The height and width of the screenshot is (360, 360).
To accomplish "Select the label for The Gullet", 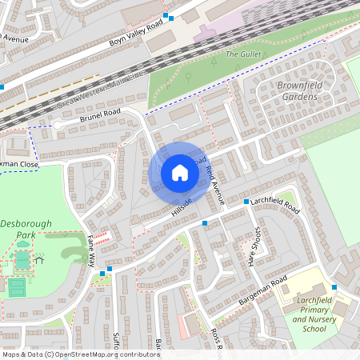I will [x=243, y=54].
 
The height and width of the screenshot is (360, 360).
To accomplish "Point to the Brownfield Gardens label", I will [x=298, y=91].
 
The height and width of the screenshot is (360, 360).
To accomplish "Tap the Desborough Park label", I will [x=30, y=229].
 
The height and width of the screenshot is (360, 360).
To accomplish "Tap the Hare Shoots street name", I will [x=257, y=246].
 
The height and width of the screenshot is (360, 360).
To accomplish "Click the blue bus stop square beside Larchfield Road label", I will [x=246, y=202].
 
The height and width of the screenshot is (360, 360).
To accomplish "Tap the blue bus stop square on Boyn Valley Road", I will [x=166, y=16].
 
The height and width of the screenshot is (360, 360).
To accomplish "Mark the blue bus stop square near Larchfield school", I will [x=334, y=286].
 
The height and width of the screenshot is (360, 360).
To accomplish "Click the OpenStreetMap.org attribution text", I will [x=108, y=354].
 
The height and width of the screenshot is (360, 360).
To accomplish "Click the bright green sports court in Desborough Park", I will [x=18, y=286].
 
